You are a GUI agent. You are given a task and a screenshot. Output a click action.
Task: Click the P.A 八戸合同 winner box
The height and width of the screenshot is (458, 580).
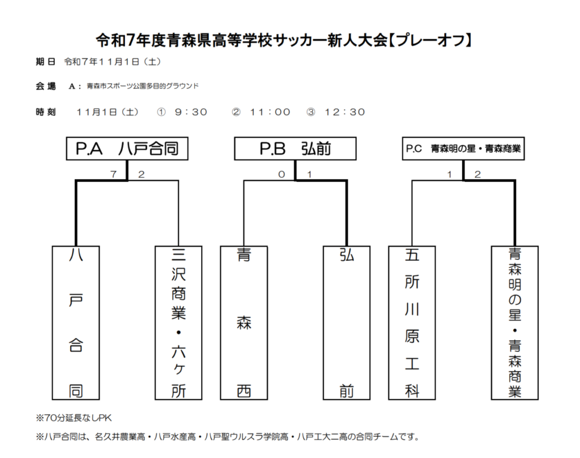pos(127,149)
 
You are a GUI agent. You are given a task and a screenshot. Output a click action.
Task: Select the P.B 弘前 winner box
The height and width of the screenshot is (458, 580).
pos(295,149)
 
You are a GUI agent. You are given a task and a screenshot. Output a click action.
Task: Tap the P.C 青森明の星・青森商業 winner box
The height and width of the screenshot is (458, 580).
pos(463,149)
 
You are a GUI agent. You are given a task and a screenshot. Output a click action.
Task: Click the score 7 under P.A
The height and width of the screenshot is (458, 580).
pos(113,175)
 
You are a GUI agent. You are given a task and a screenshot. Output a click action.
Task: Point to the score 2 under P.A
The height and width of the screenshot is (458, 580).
pos(141,175)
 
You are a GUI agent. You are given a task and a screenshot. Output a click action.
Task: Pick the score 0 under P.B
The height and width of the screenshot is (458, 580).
pos(282,175)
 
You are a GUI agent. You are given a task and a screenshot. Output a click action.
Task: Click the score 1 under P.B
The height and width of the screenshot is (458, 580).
pos(309,175)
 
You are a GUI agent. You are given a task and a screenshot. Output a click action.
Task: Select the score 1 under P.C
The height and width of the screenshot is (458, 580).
pos(449,175)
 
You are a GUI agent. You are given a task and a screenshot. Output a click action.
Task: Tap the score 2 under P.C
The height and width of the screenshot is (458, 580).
pos(477,175)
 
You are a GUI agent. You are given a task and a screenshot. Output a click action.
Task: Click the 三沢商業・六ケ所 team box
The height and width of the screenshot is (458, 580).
pos(178,323)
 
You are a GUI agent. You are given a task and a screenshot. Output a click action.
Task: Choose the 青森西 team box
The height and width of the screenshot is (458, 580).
pos(244,323)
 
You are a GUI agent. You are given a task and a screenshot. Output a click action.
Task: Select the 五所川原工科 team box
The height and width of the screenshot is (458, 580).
pos(412,323)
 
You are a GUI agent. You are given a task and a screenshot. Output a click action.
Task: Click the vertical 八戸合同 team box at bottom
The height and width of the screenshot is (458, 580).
pos(75,323)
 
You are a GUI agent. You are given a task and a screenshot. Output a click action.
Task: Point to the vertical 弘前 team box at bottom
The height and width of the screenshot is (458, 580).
pos(347,323)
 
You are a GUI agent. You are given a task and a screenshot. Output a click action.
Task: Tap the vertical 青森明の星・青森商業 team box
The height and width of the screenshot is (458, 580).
pos(515,323)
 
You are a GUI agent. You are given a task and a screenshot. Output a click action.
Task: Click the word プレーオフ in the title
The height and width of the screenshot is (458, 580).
pos(431,40)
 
